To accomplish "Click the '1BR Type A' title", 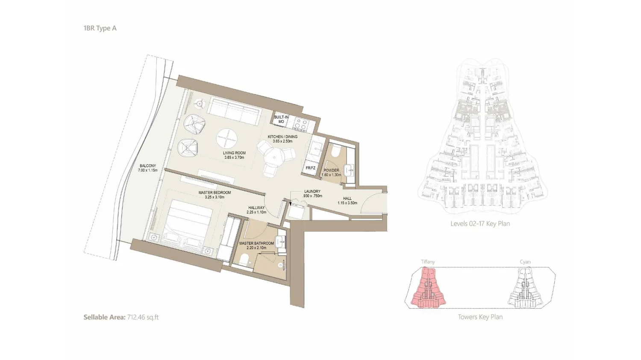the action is [x=100, y=28].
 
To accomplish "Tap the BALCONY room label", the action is [x=148, y=166].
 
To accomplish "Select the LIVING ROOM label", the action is [x=234, y=153].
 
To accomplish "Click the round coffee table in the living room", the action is [x=226, y=139].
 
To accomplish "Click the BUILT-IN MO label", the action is [x=281, y=119].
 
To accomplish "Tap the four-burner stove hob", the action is [x=301, y=124].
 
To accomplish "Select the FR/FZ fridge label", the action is [x=310, y=168].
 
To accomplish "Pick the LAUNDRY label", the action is [x=312, y=191].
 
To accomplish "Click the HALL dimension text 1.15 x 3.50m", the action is [x=347, y=203].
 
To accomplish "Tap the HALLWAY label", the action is [x=256, y=208].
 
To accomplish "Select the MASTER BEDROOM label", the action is [x=215, y=193].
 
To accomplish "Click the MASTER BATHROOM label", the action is [x=256, y=243].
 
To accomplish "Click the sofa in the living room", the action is [x=235, y=110].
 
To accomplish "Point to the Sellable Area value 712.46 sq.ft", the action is [x=143, y=317].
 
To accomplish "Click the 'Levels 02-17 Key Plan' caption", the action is [x=480, y=224].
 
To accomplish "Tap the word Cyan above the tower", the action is [x=525, y=262].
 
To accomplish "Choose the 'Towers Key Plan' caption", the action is [x=480, y=317].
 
